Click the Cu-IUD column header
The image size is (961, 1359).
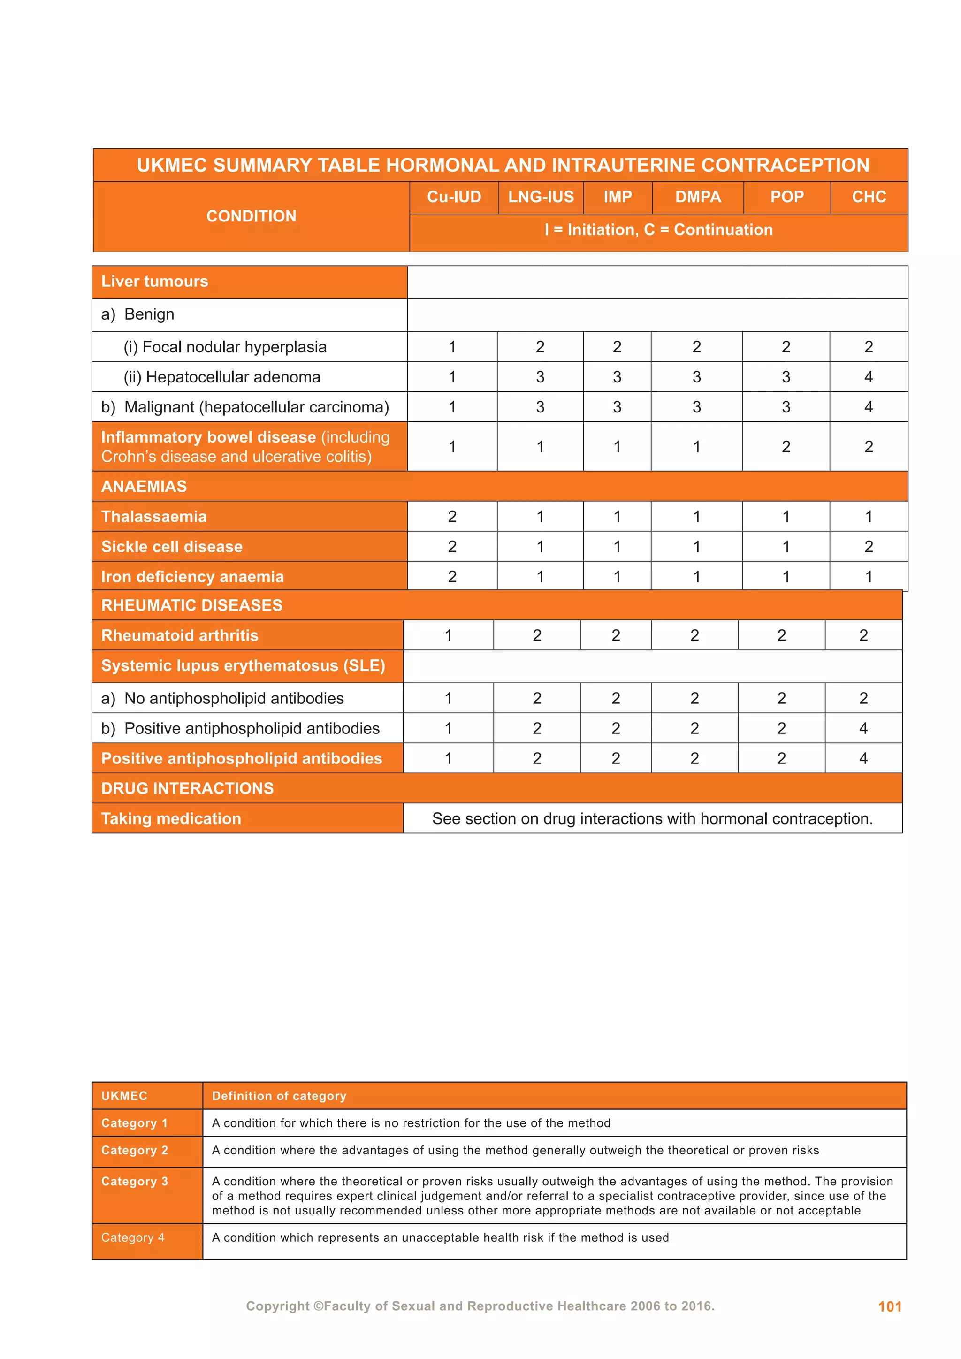454,197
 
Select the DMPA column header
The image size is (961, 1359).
698,197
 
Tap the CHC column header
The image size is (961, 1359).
869,197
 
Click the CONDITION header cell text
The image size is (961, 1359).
251,216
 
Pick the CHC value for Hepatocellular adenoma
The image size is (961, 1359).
868,377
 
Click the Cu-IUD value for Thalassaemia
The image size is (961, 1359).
452,517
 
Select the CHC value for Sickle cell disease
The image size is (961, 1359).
868,547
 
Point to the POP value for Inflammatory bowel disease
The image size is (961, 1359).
786,447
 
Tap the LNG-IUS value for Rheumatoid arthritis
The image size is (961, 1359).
537,636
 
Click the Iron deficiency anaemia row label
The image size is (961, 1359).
192,577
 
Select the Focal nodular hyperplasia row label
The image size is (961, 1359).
225,347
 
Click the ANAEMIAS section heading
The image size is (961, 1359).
144,487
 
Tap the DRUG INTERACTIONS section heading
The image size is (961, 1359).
187,788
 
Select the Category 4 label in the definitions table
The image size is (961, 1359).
132,1237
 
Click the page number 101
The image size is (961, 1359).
889,1306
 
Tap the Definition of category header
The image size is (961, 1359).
279,1096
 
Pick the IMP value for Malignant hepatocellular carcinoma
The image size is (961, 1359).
617,407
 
